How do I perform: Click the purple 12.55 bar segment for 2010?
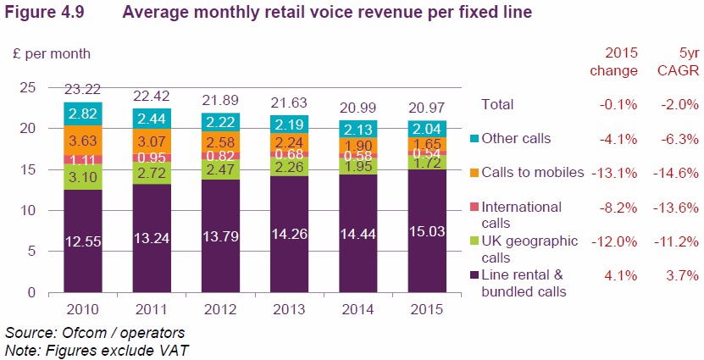pyautogui.click(x=82, y=241)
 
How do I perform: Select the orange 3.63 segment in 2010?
pyautogui.click(x=82, y=140)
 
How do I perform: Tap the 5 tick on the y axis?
pyautogui.click(x=30, y=252)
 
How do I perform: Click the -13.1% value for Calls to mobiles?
pyautogui.click(x=615, y=172)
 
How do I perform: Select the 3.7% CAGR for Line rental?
pyautogui.click(x=682, y=274)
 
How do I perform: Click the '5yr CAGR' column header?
pyautogui.click(x=677, y=62)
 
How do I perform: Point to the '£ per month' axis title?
pyautogui.click(x=51, y=53)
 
